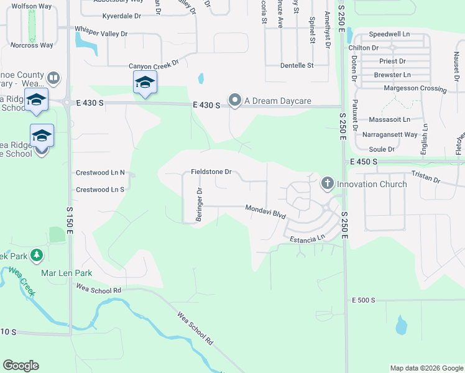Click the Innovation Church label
(x=372, y=184)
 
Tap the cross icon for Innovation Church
(x=328, y=183)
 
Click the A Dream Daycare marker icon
(x=234, y=100)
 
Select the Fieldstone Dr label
(x=211, y=172)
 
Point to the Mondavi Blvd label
(x=265, y=211)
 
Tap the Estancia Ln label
(x=305, y=237)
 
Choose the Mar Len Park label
(x=66, y=273)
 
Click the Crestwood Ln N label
(x=99, y=172)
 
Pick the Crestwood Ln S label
(x=99, y=189)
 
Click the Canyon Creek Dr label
(x=154, y=65)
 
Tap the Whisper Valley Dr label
(x=101, y=33)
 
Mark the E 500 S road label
(x=364, y=300)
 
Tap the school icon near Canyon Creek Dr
(x=145, y=82)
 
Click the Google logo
(x=21, y=366)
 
